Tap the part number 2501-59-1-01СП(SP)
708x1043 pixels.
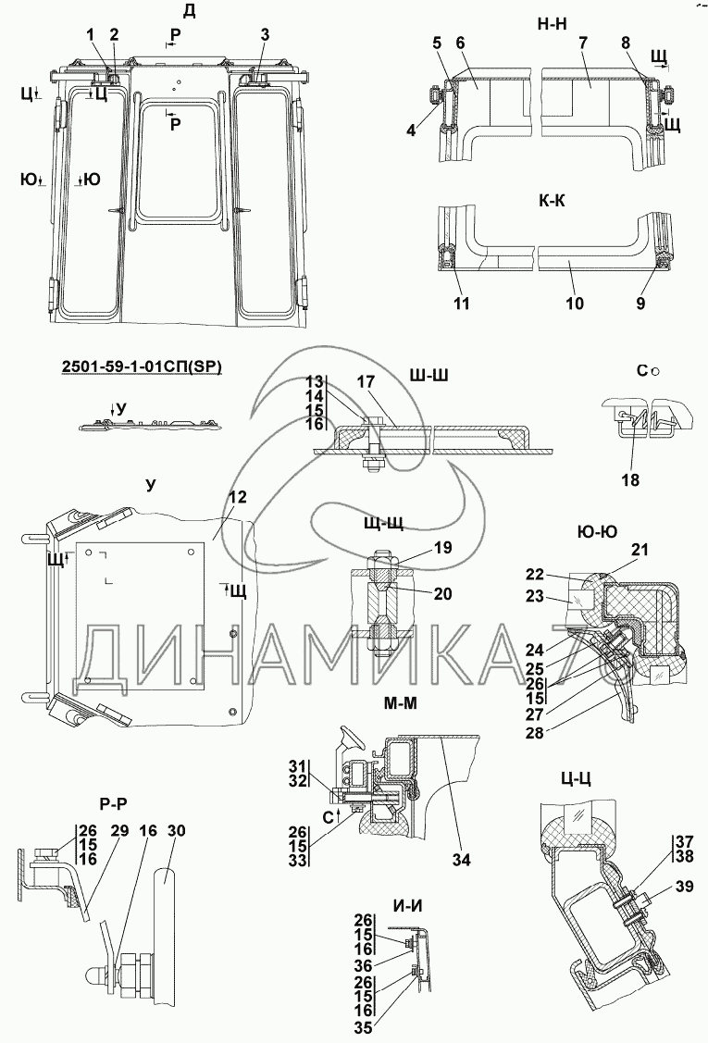(x=142, y=367)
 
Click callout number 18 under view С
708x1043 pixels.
(x=630, y=479)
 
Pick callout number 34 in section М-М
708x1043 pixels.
(x=461, y=860)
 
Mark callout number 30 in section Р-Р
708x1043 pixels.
(x=177, y=831)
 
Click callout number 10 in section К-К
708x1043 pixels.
(x=575, y=304)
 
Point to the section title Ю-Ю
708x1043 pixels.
(x=595, y=531)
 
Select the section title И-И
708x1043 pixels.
(x=408, y=905)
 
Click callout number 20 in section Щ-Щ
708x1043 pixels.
(x=442, y=594)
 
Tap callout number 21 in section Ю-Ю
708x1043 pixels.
(x=640, y=550)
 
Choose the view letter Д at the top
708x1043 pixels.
(x=189, y=11)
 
